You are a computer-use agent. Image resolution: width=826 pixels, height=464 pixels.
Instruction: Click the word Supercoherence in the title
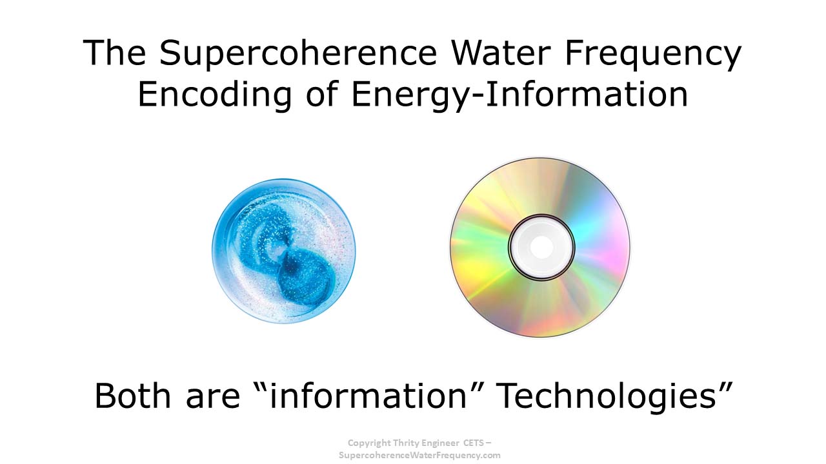pyautogui.click(x=298, y=53)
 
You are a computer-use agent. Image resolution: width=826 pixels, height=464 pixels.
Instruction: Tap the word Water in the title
pyautogui.click(x=501, y=53)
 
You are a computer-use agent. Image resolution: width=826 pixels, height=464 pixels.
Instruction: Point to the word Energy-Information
pyautogui.click(x=520, y=95)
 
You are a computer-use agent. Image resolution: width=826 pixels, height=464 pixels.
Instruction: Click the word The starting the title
pyautogui.click(x=114, y=53)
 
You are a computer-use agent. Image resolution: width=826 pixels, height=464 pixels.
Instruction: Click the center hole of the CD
pyautogui.click(x=541, y=247)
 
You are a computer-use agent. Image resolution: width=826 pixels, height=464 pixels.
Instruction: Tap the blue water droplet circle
pyautogui.click(x=284, y=251)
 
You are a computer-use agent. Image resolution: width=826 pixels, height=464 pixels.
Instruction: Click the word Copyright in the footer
pyautogui.click(x=369, y=443)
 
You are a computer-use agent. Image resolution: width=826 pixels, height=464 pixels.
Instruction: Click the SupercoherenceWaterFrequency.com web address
pyautogui.click(x=419, y=456)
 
